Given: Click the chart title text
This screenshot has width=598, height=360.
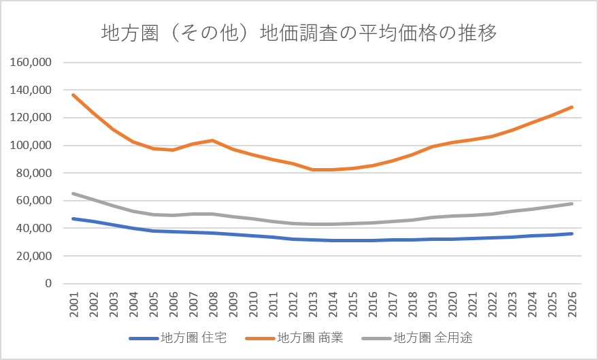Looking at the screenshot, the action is pos(299,33).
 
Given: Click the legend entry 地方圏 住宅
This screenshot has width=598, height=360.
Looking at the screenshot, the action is pos(178,338).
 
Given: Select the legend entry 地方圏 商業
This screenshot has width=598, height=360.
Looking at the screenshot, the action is pos(295,338).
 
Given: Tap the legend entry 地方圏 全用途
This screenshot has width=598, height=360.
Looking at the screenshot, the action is pos(417,338).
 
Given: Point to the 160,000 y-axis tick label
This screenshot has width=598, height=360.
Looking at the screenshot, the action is pos(31,62).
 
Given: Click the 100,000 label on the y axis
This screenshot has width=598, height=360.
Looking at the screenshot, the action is pos(31,146).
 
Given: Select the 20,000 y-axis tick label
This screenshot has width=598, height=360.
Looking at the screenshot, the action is pos(33,256).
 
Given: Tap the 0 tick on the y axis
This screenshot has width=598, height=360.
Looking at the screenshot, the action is pos(48,283).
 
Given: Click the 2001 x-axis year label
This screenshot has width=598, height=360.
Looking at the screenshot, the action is pos(73,304).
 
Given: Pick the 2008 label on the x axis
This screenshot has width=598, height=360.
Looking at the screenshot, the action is pos(213,304).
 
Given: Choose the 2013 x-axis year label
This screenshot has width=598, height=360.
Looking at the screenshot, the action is pos(313,304).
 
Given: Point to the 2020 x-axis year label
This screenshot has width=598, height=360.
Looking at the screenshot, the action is pos(452,304).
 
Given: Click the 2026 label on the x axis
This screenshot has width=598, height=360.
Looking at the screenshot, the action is pos(571,304).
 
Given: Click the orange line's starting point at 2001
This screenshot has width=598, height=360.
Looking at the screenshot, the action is pos(73,95).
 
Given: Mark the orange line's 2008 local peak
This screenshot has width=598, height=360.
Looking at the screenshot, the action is pos(213,140).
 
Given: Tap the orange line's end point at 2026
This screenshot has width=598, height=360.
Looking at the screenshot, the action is pos(571,107).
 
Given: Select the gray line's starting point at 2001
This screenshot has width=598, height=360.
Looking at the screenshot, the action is pos(73,194).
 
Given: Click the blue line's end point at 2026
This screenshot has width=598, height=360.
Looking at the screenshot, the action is pos(571,234).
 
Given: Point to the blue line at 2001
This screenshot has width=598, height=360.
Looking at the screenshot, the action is pos(73,218).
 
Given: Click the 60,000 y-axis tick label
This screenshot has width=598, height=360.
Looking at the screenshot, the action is pos(33,200).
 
